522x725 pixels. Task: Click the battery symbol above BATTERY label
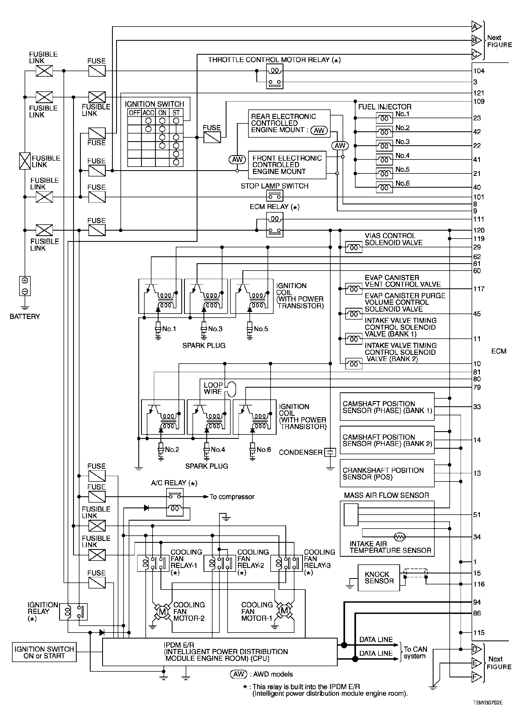tap(25, 286)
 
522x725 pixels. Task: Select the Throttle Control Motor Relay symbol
tap(275, 76)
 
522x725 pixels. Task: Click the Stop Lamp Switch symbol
tap(275, 196)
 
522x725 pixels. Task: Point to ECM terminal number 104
tap(479, 71)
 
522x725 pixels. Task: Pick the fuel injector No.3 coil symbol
tap(384, 146)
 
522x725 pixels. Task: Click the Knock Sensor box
tap(378, 578)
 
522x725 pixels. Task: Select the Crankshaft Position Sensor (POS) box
tap(387, 473)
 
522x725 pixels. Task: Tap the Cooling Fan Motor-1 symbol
tap(284, 611)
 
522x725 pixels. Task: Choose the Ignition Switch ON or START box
tap(44, 652)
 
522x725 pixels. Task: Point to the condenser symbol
tap(330, 452)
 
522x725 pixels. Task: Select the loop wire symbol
tap(231, 389)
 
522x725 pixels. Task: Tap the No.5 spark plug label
tap(261, 329)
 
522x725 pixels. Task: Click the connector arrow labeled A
tap(476, 27)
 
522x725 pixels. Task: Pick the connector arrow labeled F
tap(476, 677)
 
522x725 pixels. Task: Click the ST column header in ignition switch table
tap(176, 113)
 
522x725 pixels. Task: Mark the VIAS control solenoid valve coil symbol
tap(354, 247)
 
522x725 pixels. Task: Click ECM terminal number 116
tap(479, 584)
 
